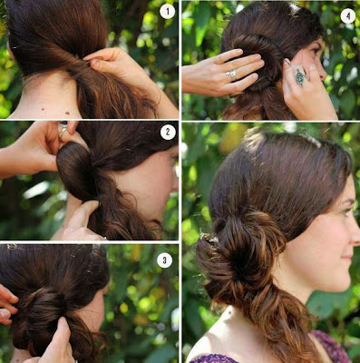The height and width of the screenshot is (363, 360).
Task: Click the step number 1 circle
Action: (x=167, y=12)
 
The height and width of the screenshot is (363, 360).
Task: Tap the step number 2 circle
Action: (x=168, y=132)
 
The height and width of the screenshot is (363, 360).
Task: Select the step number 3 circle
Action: (x=164, y=260)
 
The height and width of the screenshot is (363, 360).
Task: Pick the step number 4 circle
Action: (x=348, y=15)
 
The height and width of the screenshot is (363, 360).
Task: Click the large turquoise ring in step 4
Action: (x=300, y=76)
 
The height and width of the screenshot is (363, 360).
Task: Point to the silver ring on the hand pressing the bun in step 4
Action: (x=232, y=74)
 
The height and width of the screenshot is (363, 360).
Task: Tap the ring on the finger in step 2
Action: (x=63, y=129)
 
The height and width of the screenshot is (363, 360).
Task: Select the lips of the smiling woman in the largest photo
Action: (x=348, y=259)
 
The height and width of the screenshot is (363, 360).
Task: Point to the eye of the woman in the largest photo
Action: (x=348, y=211)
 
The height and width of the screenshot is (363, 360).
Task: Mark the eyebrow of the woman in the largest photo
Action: (x=348, y=201)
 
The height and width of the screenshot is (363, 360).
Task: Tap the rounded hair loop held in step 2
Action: (x=75, y=171)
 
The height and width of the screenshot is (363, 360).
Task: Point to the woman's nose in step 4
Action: (x=324, y=73)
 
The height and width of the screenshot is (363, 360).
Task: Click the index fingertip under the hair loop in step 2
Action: (x=91, y=206)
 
